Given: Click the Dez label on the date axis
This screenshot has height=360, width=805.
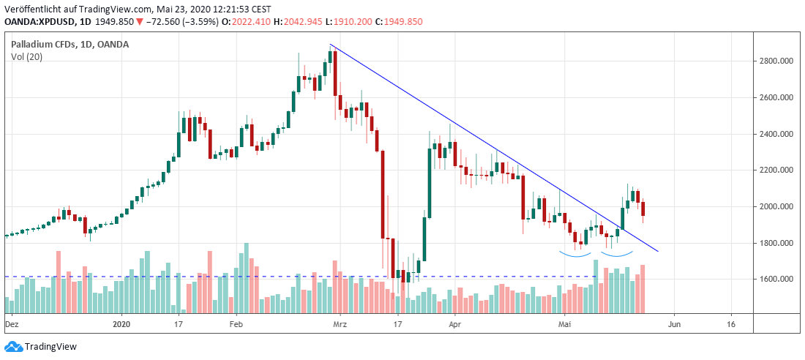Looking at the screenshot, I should pos(11,323).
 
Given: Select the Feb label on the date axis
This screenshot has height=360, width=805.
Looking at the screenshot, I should pos(236,323).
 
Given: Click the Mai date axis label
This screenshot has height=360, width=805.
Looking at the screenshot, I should pos(564,323).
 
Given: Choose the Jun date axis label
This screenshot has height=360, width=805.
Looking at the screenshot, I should pos(674,323).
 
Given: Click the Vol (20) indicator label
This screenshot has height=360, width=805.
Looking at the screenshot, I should pos(27,57).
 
